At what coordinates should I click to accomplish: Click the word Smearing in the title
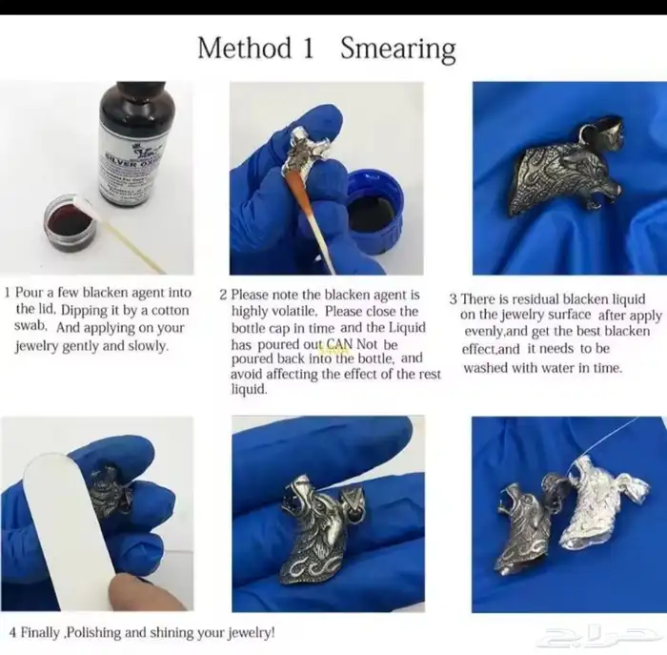398,49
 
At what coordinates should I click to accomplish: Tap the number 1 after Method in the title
309,48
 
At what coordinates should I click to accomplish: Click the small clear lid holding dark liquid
71,222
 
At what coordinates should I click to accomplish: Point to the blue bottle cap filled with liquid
374,211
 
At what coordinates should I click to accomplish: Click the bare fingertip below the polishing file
145,594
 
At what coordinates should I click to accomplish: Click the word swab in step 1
30,326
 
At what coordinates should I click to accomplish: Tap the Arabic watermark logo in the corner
599,636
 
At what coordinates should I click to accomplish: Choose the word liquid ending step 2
249,389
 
